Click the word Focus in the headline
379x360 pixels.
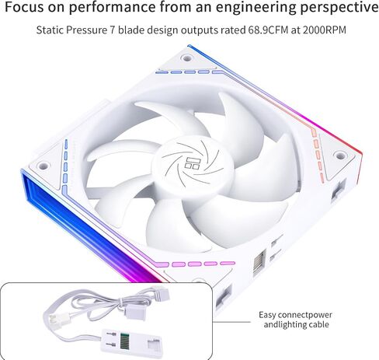tap(24, 7)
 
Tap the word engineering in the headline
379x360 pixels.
tap(256, 8)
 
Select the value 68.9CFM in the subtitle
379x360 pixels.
tap(268, 30)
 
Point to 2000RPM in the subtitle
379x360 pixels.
tap(324, 30)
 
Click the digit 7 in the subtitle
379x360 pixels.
tap(113, 30)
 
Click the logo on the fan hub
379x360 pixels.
tap(192, 163)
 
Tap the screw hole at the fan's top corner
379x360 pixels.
tap(186, 58)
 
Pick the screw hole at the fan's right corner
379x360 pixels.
tap(340, 156)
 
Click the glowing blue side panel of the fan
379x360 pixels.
tap(85, 228)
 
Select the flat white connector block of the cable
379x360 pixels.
tap(131, 341)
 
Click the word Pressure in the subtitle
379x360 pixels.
tap(86, 30)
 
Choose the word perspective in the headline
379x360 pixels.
tap(339, 8)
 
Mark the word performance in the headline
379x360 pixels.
tap(113, 8)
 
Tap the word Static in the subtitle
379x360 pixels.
tap(50, 30)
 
